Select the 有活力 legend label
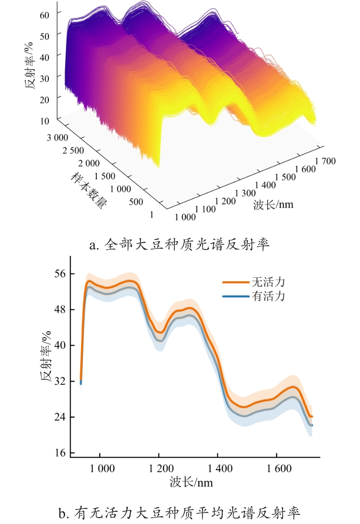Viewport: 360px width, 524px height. point(268,296)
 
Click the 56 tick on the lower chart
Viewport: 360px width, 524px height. point(61,274)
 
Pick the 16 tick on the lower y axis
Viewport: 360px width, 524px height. point(61,453)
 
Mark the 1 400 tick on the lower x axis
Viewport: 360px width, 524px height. point(218,468)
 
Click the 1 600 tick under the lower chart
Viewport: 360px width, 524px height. point(277,468)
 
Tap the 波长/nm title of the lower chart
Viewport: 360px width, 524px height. point(191,482)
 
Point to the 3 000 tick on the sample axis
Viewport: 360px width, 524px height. point(57,137)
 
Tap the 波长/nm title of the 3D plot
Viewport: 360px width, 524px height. point(273,204)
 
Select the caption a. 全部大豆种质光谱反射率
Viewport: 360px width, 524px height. point(180,245)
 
